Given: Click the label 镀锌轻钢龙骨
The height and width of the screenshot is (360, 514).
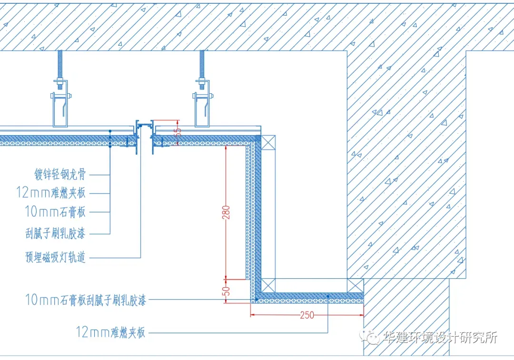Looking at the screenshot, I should pos(60,175).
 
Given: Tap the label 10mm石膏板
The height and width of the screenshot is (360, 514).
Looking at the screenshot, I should pos(56,211).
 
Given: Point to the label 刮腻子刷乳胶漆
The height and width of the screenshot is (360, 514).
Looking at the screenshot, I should pos(56,233).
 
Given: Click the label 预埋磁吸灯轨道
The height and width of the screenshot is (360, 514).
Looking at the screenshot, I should pos(56,257).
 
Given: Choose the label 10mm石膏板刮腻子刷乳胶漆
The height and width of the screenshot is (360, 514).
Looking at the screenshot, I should pos(86,300).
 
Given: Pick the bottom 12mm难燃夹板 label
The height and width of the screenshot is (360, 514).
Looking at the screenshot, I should pos(110,332).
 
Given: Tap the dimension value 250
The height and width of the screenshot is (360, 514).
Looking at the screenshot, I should pos(307,315).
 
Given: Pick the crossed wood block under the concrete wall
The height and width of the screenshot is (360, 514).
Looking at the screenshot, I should pos(356,285).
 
